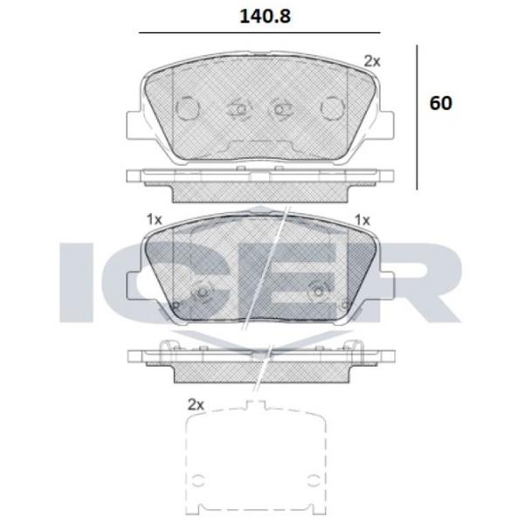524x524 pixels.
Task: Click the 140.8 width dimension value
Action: pos(265,17)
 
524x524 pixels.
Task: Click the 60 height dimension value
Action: pos(441,103)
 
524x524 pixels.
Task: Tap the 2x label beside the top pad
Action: pos(372,61)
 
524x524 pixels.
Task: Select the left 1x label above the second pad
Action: pos(154,219)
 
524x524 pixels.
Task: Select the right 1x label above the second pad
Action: pos(362,220)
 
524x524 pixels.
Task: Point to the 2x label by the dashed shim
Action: pos(196,404)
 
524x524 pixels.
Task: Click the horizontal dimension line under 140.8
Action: pos(259,33)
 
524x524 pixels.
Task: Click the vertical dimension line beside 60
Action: pos(417,118)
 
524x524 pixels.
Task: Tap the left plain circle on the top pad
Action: pos(188,108)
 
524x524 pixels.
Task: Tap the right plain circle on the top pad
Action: pos(333,107)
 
